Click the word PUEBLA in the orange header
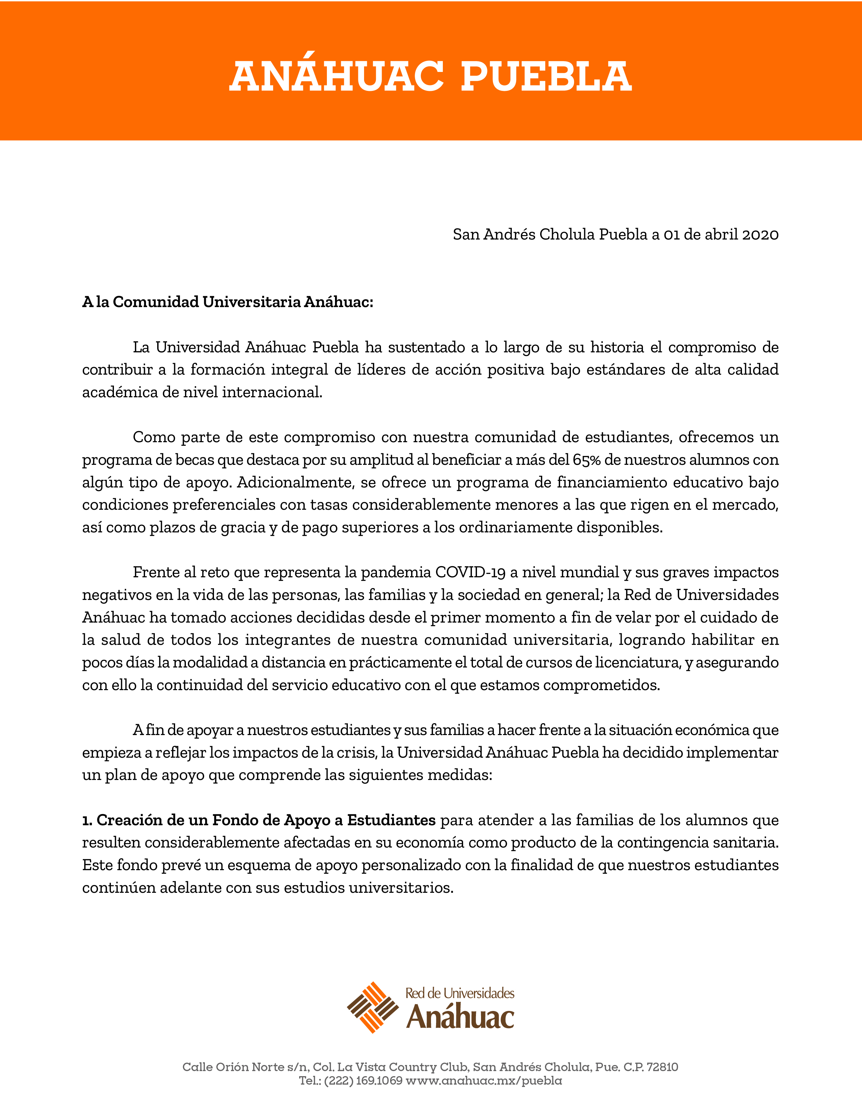546,77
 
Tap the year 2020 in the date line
760,235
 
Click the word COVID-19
470,572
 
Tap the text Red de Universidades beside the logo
460,993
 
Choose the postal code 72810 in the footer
662,1067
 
